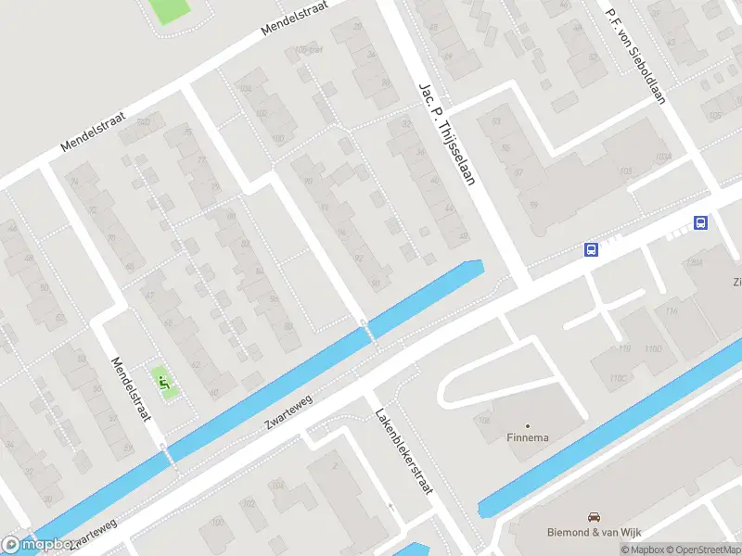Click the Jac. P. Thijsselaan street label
click(x=447, y=133)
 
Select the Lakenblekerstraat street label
click(x=403, y=451)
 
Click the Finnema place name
click(x=528, y=438)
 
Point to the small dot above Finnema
click(x=528, y=425)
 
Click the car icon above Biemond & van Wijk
click(x=594, y=516)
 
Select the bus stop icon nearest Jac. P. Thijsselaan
click(x=590, y=249)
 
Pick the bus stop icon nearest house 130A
click(x=702, y=222)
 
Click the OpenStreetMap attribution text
click(x=697, y=550)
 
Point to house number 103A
click(x=662, y=158)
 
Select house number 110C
click(x=618, y=378)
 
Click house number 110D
click(x=654, y=348)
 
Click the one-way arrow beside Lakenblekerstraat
click(x=391, y=508)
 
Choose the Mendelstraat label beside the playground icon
click(x=131, y=390)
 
